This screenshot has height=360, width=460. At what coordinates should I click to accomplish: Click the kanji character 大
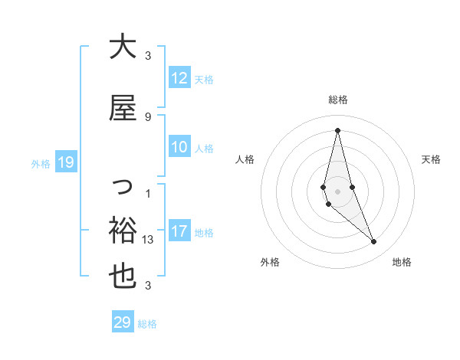pos(123,47)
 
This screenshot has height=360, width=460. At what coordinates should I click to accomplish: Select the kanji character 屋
pos(123,108)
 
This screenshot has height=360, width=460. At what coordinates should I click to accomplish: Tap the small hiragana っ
pos(123,186)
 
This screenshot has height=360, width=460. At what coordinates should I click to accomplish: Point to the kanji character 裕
pos(123,229)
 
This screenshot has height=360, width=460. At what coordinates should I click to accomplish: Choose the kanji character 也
pos(123,277)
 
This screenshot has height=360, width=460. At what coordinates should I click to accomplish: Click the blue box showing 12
pos(179,78)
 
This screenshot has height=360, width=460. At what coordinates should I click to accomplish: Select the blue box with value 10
pos(179,148)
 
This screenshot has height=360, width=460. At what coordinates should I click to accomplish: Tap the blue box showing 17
pos(179,231)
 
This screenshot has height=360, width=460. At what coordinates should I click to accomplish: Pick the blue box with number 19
pos(65,162)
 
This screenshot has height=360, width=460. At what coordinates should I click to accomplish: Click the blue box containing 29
pos(123,322)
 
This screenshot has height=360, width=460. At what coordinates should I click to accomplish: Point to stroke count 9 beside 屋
pos(148,116)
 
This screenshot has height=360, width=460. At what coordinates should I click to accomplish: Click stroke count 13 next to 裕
pos(149,239)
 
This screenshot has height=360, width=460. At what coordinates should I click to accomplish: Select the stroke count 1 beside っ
pos(148,193)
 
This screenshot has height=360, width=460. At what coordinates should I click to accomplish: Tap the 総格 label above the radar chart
pos(338,100)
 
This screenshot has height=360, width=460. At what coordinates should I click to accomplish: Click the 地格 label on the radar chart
pos(402,262)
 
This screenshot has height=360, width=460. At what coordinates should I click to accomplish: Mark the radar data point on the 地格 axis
pos(374,242)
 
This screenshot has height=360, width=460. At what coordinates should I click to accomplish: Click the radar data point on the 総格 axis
pos(338,130)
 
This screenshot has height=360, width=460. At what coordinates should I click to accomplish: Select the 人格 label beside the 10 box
pos(204,149)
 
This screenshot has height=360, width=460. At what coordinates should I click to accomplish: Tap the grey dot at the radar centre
pos(338,191)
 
